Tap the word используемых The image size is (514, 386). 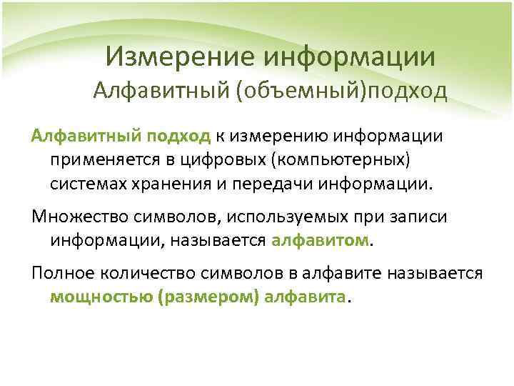tap(256, 217)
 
